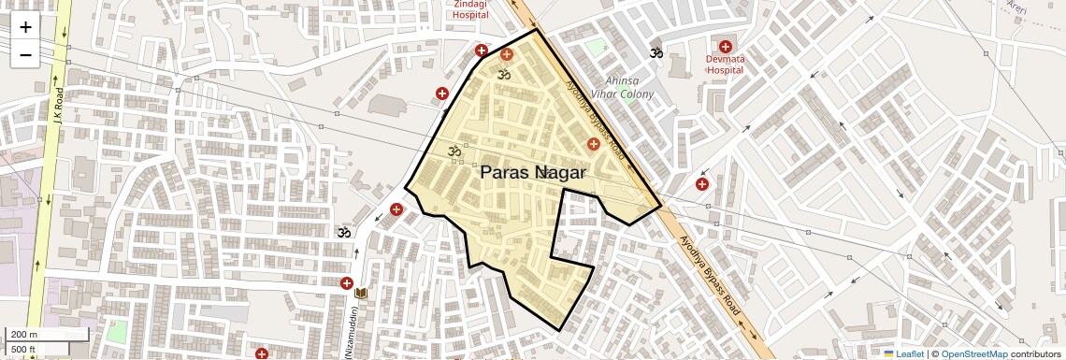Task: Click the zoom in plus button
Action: (25, 27)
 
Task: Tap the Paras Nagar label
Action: (533, 173)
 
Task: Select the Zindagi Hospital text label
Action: (470, 9)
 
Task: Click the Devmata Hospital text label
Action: (725, 64)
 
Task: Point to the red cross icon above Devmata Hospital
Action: (725, 46)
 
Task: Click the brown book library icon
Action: (362, 293)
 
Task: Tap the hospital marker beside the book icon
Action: (346, 283)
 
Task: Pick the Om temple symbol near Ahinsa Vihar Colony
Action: (656, 53)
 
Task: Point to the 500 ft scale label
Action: (24, 350)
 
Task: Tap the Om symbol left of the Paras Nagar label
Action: (455, 150)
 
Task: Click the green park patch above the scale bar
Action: (116, 331)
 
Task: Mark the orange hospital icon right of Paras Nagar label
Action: (593, 143)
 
